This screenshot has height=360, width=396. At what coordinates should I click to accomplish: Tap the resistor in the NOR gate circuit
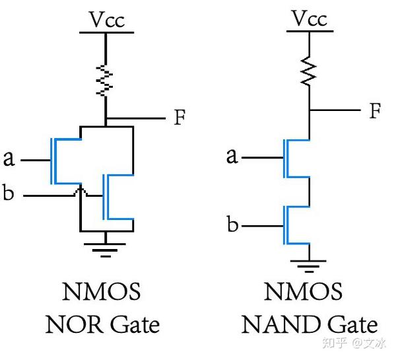[105, 80]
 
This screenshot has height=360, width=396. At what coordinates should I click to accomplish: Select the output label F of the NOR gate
[180, 118]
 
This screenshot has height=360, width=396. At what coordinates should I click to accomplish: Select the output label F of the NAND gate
[375, 110]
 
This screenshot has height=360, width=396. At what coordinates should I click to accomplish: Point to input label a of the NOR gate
[9, 159]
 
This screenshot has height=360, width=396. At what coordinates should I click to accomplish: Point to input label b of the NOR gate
[9, 196]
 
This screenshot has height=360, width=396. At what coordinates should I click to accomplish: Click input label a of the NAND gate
[232, 157]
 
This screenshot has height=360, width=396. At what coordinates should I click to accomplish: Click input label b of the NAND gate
[232, 225]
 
